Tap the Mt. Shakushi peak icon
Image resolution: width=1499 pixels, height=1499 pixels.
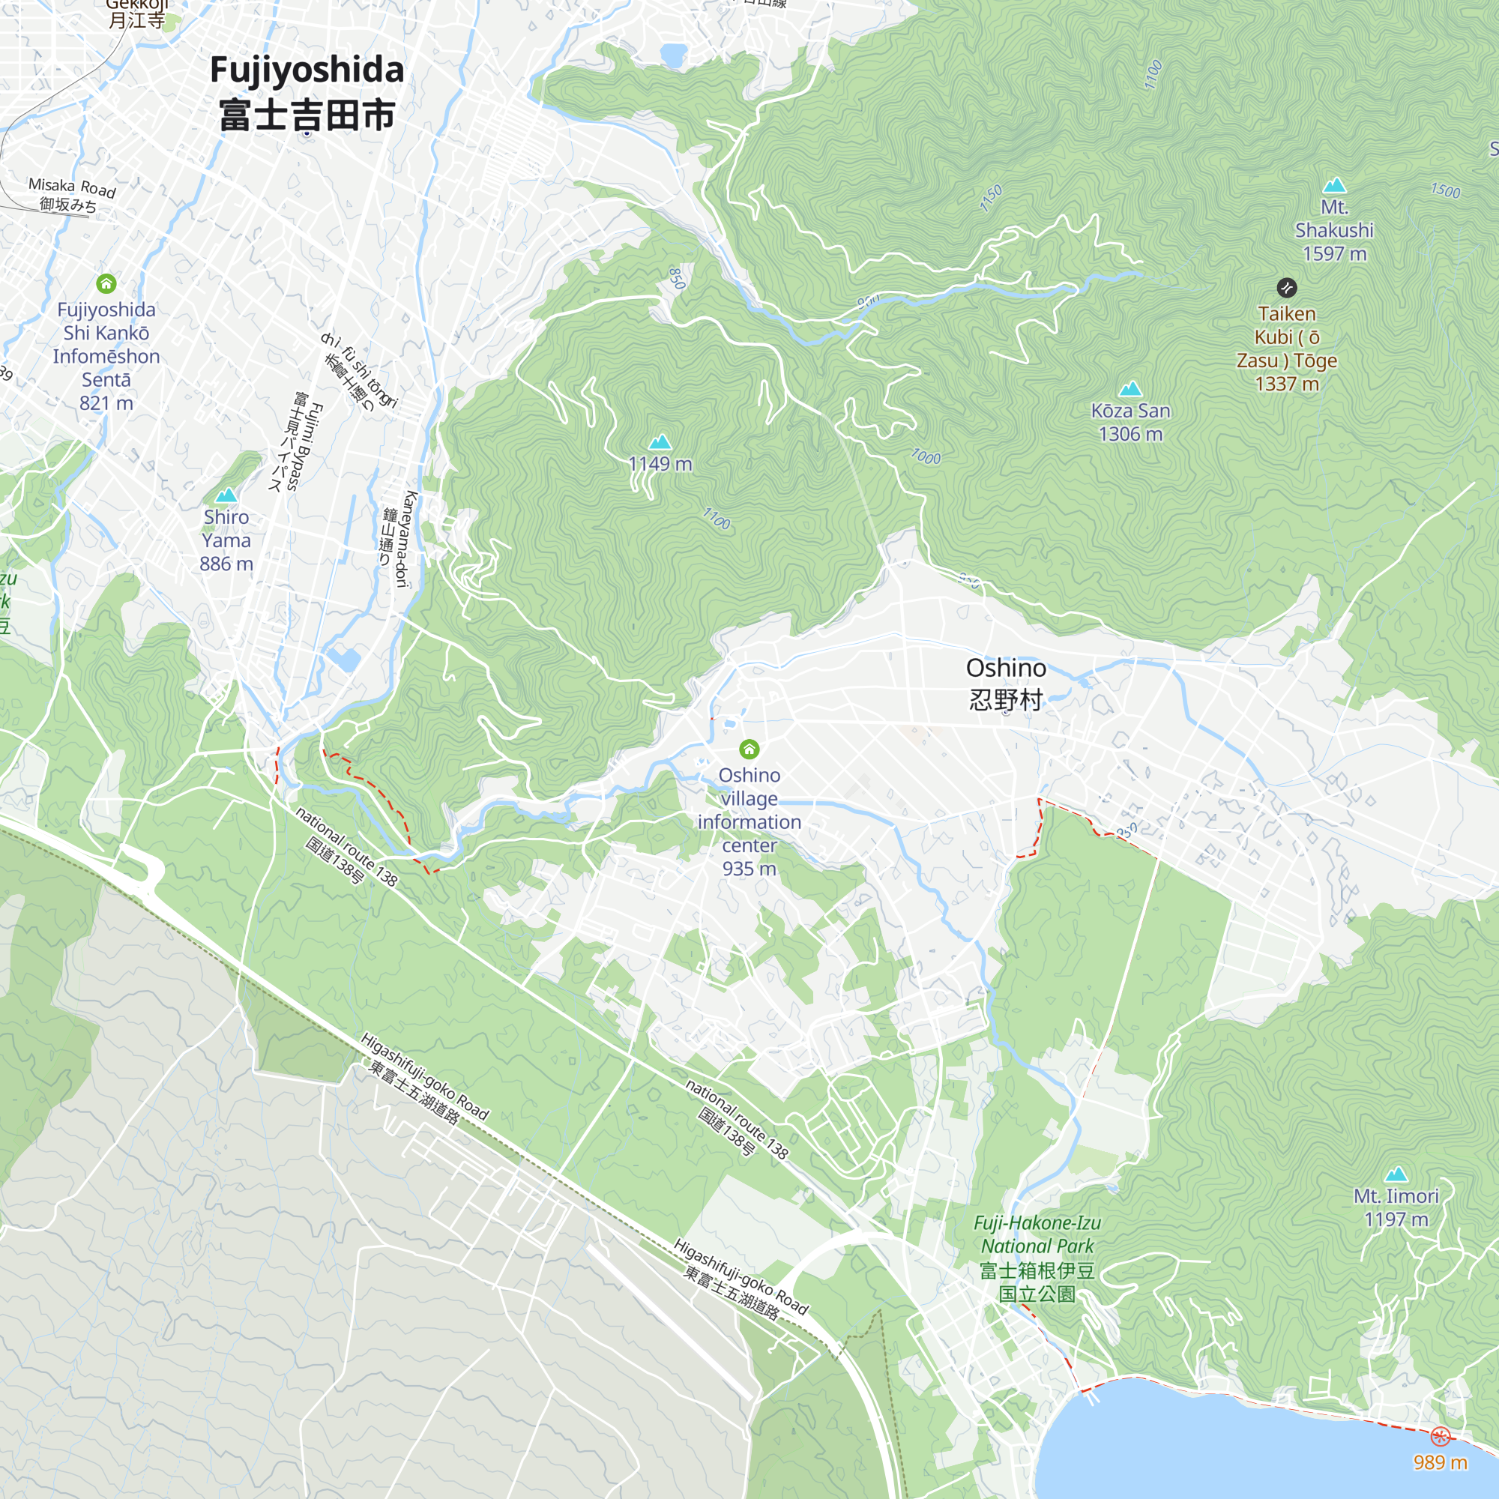[x=1334, y=185]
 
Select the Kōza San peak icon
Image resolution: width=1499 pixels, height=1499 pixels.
[x=1130, y=388]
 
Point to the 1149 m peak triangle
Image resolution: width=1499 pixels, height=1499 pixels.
[x=660, y=442]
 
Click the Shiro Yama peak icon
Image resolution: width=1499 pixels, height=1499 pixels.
[x=226, y=495]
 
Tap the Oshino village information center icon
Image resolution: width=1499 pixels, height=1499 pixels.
[x=749, y=749]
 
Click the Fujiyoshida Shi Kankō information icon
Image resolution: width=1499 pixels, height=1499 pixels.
[x=106, y=284]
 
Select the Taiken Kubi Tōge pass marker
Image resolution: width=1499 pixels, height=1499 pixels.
[x=1286, y=288]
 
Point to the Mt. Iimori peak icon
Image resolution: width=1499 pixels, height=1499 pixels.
[x=1396, y=1174]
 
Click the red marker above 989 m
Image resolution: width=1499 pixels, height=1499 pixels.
[x=1440, y=1437]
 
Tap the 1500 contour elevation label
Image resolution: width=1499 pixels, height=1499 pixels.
[x=1445, y=191]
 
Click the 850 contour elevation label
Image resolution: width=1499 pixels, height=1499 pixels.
[x=677, y=278]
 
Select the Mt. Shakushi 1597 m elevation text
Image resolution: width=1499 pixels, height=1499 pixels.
[x=1334, y=254]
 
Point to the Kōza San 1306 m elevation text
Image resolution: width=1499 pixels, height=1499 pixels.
[x=1130, y=434]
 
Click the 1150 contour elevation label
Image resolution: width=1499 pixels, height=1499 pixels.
[x=991, y=198]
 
